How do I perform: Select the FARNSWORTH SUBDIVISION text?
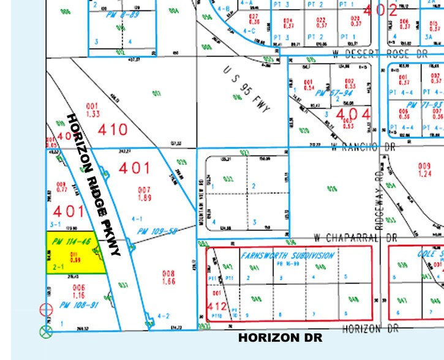(x=288, y=255)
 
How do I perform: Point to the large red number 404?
(x=353, y=114)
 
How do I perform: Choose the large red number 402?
(x=380, y=9)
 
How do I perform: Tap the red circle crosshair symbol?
(x=44, y=310)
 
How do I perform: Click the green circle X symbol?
(x=45, y=332)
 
